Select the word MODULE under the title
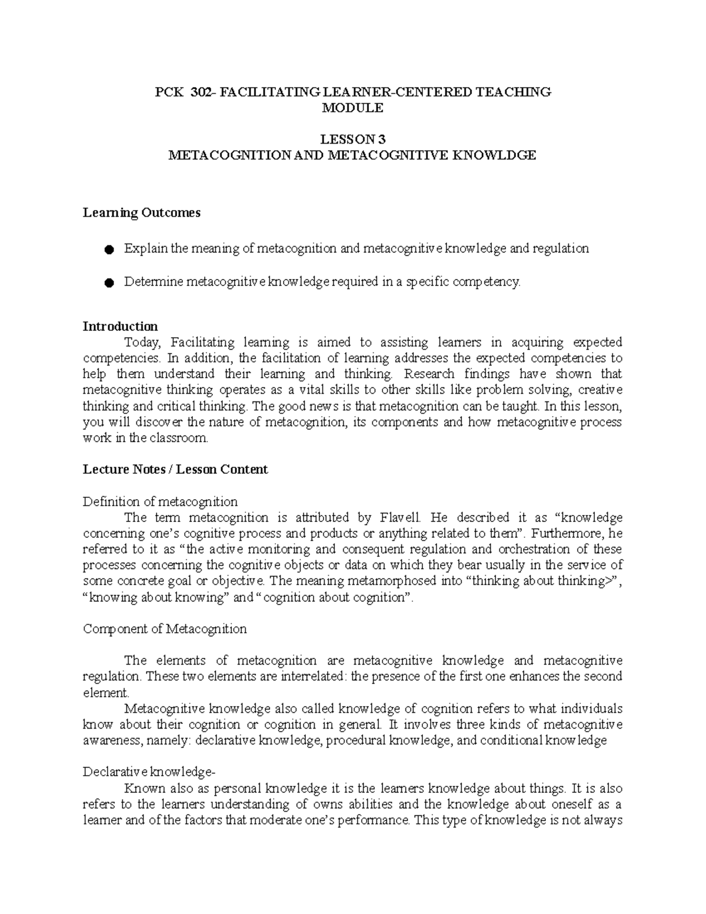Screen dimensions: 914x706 (352, 108)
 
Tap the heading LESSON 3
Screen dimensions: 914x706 (352, 139)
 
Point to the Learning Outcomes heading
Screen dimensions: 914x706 (141, 212)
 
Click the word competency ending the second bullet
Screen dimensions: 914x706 (491, 282)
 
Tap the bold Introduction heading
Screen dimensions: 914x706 (120, 326)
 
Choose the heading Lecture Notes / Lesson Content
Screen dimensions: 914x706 (175, 469)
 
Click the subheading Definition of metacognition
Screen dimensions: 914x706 (160, 501)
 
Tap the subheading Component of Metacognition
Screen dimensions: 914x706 (165, 629)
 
